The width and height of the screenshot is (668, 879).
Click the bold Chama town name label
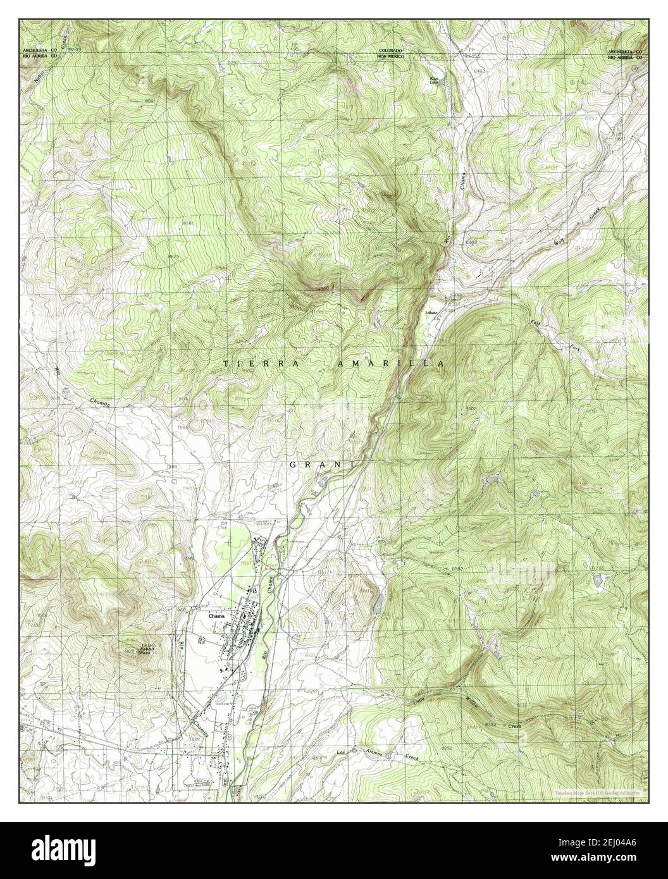click(x=217, y=614)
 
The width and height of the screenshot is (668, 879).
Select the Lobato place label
click(x=431, y=313)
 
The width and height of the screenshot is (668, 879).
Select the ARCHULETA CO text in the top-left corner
click(x=39, y=50)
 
